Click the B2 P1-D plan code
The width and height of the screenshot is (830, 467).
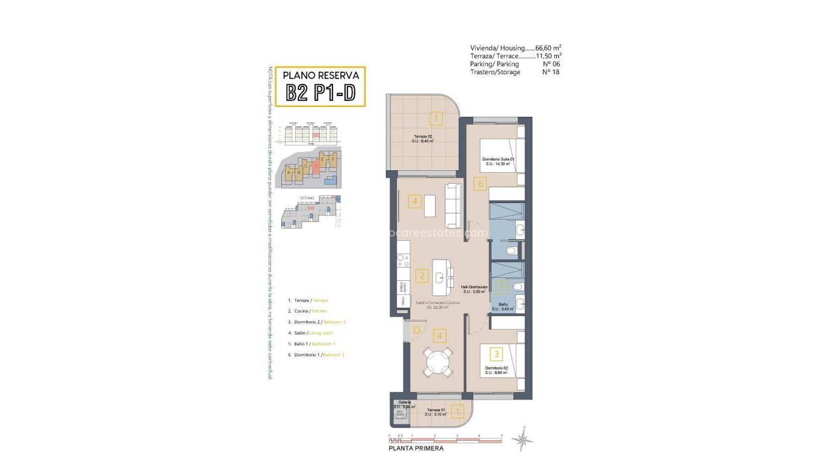coord(320,93)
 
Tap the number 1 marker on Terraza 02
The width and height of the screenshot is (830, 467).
coord(436,118)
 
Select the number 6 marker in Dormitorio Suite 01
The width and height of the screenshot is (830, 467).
coord(480,183)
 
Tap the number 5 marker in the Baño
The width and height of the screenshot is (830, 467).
coord(501,287)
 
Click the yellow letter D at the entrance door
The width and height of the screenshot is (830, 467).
coord(417,331)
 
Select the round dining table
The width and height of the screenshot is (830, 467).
coord(437,363)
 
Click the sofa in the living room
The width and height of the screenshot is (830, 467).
coord(453,205)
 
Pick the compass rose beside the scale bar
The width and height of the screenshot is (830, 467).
coord(522,440)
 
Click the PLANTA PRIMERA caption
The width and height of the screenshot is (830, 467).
coord(416,449)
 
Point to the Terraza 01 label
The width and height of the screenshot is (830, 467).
coord(436,410)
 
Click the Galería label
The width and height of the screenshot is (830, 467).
coord(404,402)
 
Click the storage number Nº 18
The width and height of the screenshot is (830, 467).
coord(550,72)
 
